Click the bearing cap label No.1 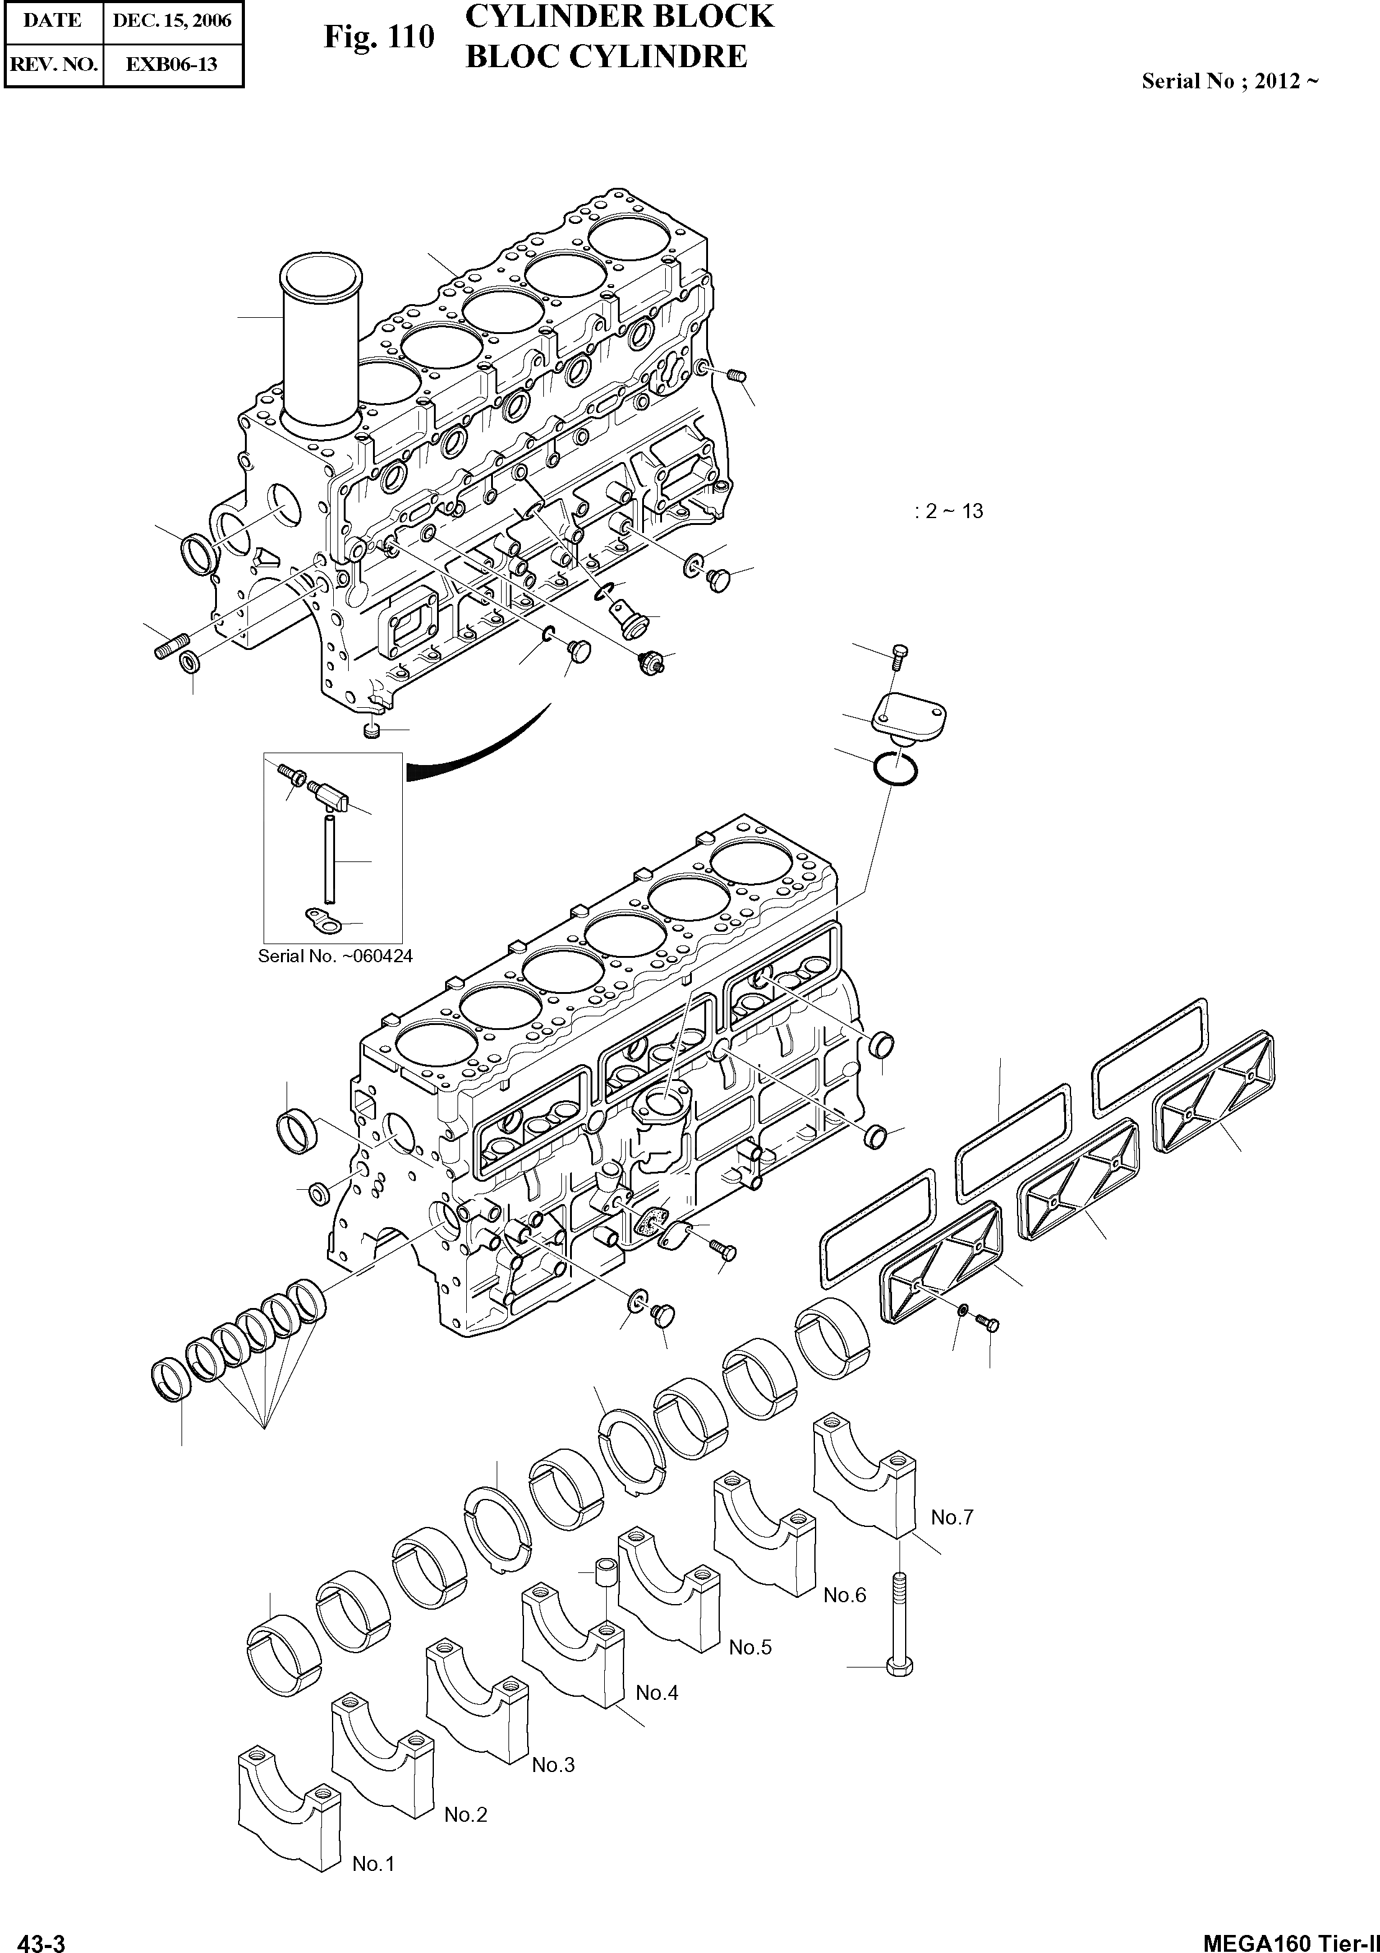pos(373,1863)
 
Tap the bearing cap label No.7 pos(952,1516)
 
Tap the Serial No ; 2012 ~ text pos(1230,81)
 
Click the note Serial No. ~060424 pos(335,956)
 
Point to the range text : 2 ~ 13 pos(949,511)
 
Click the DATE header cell pos(52,21)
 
